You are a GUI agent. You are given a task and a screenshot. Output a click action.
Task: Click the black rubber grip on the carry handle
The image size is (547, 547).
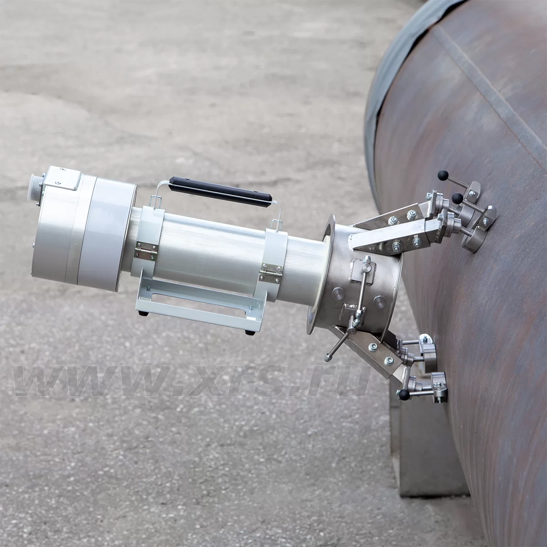point(220,192)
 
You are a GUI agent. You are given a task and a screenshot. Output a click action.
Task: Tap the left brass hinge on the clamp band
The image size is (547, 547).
point(146,250)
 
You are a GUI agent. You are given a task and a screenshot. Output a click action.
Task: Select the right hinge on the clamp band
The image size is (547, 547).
point(271,273)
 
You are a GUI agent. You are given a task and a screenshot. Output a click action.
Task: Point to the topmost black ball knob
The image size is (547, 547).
point(443,175)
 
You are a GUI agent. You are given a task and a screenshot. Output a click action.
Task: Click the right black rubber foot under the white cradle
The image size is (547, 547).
point(249,332)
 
